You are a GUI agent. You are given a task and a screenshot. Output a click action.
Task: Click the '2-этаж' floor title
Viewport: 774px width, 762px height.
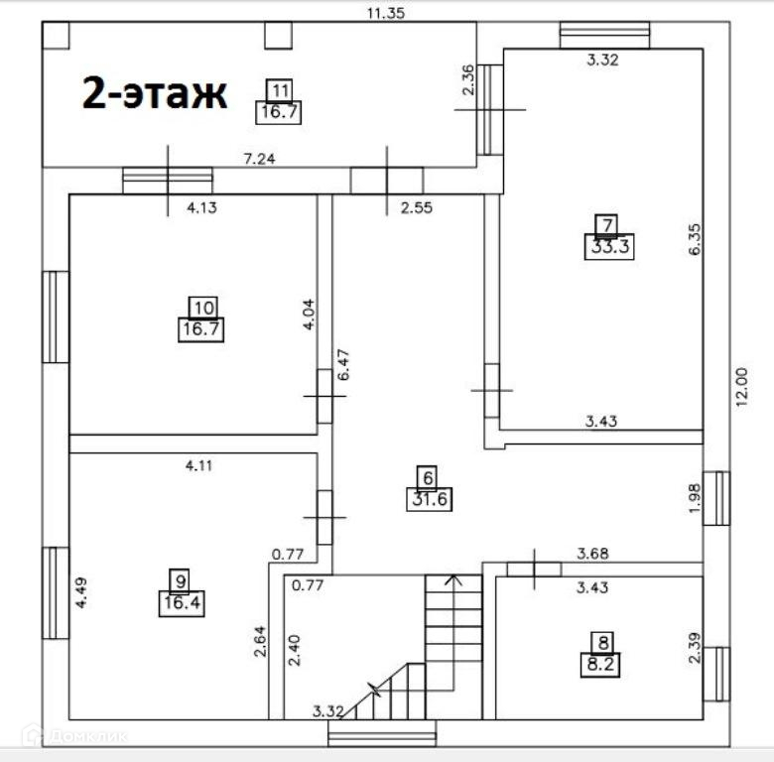pyautogui.click(x=155, y=93)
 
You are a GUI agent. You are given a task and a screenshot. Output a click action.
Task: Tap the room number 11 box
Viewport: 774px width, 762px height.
pyautogui.click(x=280, y=90)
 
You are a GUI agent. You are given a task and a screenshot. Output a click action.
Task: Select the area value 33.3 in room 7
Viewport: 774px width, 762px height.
pyautogui.click(x=609, y=246)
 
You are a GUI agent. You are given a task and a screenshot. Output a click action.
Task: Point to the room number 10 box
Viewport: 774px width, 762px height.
pyautogui.click(x=203, y=308)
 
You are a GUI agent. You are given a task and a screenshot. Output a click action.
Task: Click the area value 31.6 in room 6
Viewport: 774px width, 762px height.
pyautogui.click(x=430, y=499)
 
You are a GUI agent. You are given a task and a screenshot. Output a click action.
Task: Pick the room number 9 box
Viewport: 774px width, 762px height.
pyautogui.click(x=181, y=580)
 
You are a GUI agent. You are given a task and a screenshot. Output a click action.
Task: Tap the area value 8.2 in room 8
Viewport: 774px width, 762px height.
pyautogui.click(x=600, y=665)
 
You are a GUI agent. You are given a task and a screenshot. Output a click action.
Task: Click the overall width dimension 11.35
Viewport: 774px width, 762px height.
pyautogui.click(x=386, y=13)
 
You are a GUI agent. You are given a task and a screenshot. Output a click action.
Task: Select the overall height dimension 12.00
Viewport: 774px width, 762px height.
pyautogui.click(x=742, y=386)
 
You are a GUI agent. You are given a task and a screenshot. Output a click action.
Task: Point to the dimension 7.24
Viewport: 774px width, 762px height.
pyautogui.click(x=260, y=159)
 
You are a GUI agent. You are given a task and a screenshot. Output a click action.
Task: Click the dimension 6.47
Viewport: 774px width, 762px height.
pyautogui.click(x=343, y=365)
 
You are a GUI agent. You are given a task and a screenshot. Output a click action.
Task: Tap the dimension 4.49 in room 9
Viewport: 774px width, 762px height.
pyautogui.click(x=81, y=592)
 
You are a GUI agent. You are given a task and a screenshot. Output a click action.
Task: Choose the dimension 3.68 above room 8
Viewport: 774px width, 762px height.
pyautogui.click(x=592, y=554)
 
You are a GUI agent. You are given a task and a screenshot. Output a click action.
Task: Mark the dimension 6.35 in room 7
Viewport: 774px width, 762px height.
pyautogui.click(x=694, y=239)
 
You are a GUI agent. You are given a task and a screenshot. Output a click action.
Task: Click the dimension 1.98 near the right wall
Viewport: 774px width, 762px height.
pyautogui.click(x=694, y=498)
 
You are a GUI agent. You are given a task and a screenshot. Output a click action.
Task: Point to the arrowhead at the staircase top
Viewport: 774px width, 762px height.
pyautogui.click(x=453, y=578)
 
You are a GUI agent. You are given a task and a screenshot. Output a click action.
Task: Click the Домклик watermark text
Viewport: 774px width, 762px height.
pyautogui.click(x=89, y=737)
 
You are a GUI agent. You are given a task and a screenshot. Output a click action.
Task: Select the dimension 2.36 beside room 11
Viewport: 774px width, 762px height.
pyautogui.click(x=468, y=79)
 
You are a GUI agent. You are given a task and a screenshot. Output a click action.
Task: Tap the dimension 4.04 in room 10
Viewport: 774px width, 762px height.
pyautogui.click(x=308, y=314)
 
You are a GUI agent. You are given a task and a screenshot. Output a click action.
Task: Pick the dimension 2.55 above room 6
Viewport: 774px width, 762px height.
pyautogui.click(x=417, y=207)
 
